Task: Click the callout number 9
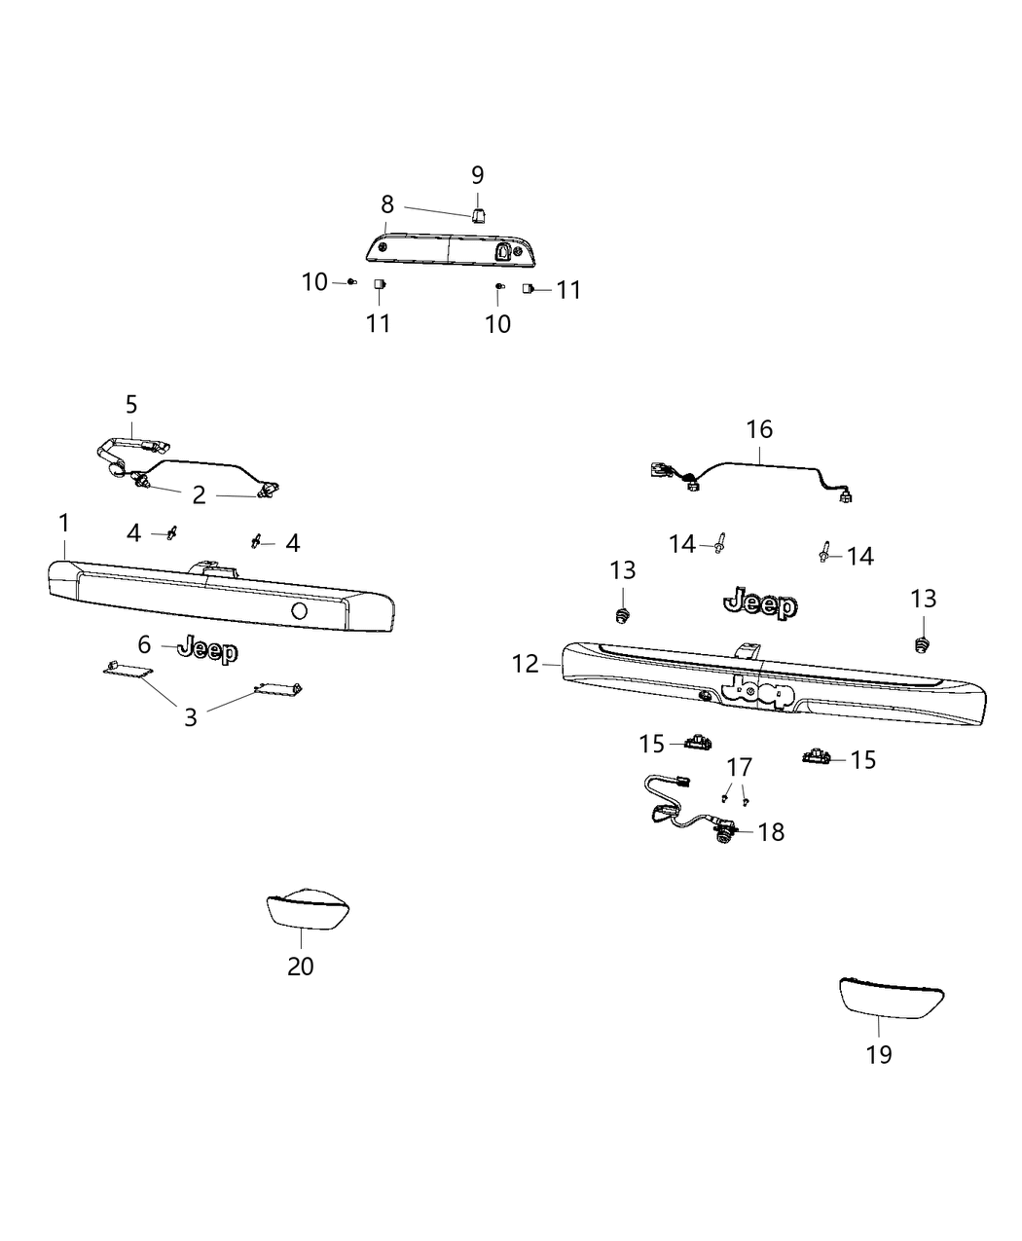[x=477, y=175]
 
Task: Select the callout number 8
[x=387, y=204]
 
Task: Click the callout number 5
[x=131, y=403]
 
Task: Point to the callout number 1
[x=64, y=523]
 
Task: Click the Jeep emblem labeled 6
[x=209, y=650]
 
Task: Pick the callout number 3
[x=191, y=717]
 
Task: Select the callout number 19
[x=878, y=1053]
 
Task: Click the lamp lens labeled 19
[x=892, y=998]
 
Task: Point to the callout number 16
[x=759, y=428]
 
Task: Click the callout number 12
[x=526, y=664]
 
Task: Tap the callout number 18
[x=771, y=832]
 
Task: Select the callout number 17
[x=740, y=766]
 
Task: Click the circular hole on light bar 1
[x=300, y=610]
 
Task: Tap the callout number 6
[x=144, y=644]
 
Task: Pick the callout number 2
[x=199, y=495]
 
